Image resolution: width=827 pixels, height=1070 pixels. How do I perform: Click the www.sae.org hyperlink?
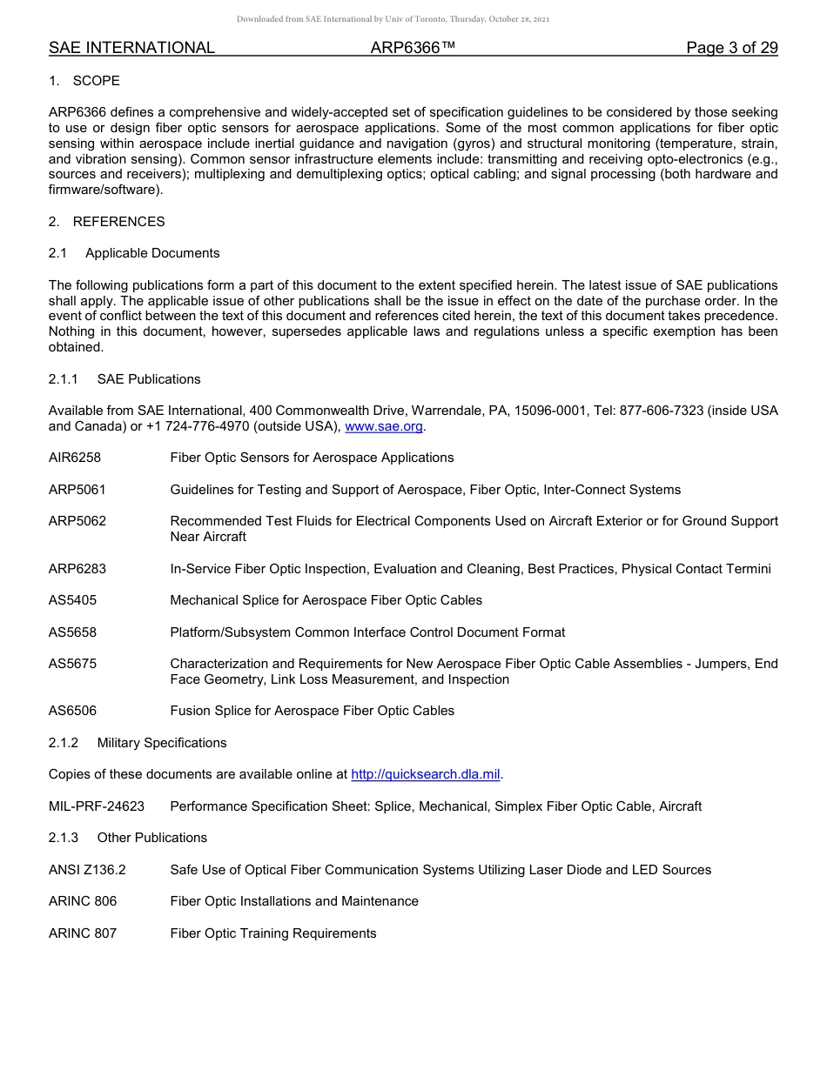click(x=384, y=426)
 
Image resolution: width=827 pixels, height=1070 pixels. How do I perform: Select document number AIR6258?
click(x=75, y=458)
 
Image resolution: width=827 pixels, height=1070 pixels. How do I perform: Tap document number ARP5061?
click(x=77, y=490)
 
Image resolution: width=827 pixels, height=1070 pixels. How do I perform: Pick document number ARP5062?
click(x=77, y=521)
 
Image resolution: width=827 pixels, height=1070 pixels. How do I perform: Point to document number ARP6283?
click(x=77, y=569)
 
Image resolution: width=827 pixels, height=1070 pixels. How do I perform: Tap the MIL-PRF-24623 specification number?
click(x=97, y=806)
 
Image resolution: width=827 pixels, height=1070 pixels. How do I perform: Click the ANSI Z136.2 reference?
click(x=87, y=870)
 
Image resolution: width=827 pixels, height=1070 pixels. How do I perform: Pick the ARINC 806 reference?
click(x=83, y=901)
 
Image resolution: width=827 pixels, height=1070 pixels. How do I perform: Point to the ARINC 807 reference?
click(x=83, y=933)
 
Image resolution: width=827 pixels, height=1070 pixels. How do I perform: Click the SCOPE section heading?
click(x=96, y=81)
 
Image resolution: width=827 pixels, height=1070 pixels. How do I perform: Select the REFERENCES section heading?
click(x=118, y=222)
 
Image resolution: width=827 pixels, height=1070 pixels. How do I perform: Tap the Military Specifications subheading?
click(x=162, y=743)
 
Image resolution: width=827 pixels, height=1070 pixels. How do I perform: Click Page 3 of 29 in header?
click(x=732, y=48)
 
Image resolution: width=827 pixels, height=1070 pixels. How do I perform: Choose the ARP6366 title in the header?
click(x=413, y=48)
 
